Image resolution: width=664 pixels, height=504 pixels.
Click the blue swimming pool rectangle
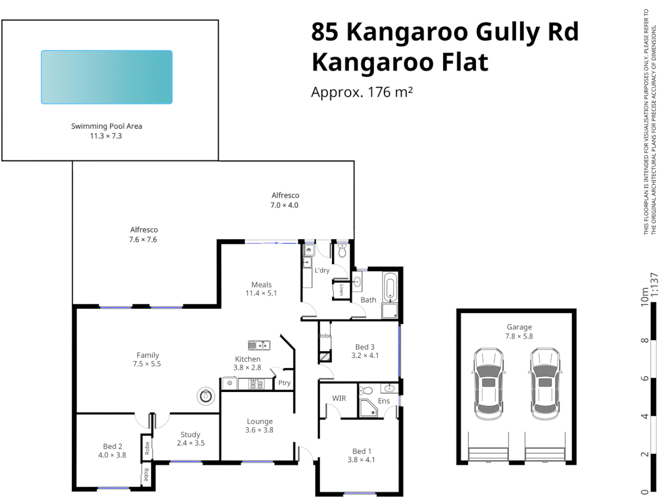[106, 77]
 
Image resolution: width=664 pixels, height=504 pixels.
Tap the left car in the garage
[488, 384]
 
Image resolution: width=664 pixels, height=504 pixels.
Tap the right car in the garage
[544, 384]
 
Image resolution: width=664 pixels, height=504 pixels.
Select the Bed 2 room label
[113, 447]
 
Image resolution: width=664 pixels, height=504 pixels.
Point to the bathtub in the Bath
[390, 287]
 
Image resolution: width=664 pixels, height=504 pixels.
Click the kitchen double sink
[259, 345]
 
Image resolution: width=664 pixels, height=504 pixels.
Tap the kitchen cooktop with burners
[256, 384]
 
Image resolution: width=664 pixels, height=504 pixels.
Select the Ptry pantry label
[284, 383]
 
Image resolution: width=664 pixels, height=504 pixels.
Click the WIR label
[339, 398]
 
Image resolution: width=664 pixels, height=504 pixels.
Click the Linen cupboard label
[341, 290]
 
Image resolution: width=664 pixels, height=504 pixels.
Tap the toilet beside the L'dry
[342, 251]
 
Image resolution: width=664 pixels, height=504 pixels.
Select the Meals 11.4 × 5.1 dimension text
[261, 293]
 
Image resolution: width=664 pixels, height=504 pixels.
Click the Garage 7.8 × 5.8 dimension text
[519, 336]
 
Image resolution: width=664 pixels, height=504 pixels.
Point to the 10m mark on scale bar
[645, 297]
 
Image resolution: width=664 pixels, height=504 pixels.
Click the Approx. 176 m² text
[362, 92]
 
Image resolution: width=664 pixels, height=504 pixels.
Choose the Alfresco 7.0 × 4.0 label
[285, 200]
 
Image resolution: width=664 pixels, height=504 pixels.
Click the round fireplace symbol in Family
[205, 396]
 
